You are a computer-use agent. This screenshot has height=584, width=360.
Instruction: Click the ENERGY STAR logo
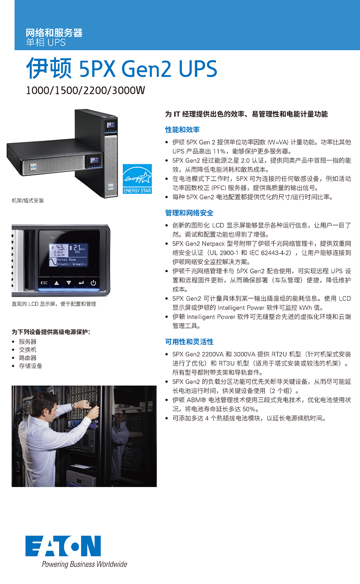[137, 179]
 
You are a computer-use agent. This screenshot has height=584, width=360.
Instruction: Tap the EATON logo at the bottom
[63, 546]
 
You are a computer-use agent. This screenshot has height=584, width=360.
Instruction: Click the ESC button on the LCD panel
[44, 283]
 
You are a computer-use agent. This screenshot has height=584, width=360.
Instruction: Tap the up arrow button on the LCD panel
[57, 283]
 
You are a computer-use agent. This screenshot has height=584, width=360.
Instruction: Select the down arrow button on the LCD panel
[69, 283]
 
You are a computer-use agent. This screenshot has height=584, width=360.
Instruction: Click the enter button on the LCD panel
[81, 283]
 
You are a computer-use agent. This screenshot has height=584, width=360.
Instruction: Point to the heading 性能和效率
[182, 130]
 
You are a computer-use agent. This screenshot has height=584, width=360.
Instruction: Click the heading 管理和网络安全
[189, 213]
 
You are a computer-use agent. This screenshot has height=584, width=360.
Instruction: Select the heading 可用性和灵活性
[189, 342]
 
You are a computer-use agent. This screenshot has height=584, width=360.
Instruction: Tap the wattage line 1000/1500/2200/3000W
[85, 91]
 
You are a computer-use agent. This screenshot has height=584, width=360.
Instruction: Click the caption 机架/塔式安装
[28, 200]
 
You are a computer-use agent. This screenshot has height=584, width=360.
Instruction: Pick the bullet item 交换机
[28, 350]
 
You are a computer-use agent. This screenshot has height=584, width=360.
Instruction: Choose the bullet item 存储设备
[31, 366]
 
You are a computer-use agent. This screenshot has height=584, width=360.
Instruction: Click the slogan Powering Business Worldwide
[85, 564]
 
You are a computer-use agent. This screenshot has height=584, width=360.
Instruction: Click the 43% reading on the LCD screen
[60, 248]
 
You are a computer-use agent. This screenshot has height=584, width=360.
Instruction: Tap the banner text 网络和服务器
[54, 33]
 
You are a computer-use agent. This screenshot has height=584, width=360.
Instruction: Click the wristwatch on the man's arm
[73, 406]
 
